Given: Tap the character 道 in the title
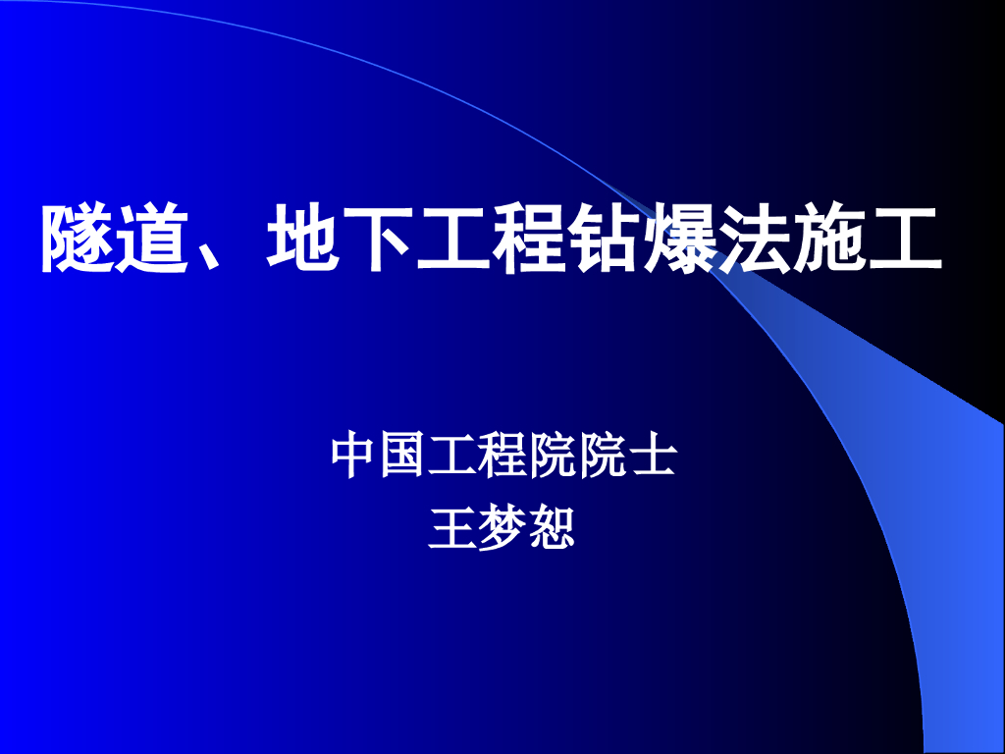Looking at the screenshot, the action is point(153,239).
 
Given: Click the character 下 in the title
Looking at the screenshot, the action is point(378,239).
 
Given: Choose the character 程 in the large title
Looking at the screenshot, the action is point(528,239).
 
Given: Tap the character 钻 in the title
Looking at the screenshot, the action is point(604,239).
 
